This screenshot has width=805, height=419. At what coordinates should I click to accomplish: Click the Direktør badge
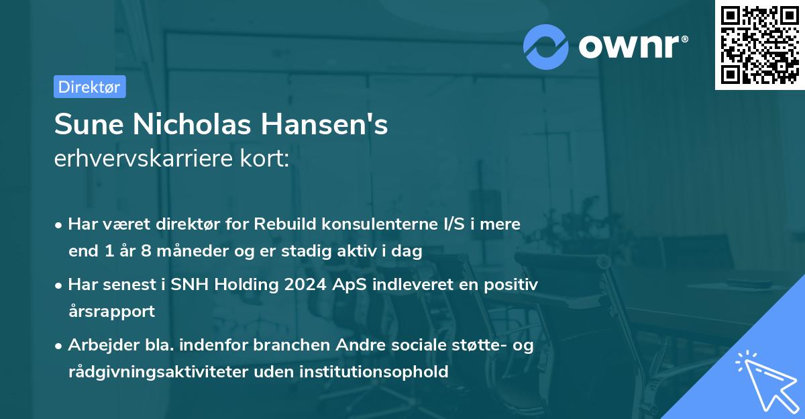click(x=89, y=87)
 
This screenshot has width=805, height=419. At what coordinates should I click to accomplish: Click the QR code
click(x=759, y=45)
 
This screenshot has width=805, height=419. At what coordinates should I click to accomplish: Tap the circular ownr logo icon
click(x=546, y=46)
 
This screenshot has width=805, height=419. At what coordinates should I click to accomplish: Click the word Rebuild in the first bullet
click(x=280, y=224)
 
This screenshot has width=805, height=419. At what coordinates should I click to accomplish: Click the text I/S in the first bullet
click(x=437, y=224)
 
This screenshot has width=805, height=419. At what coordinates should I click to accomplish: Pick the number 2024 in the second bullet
click(x=304, y=285)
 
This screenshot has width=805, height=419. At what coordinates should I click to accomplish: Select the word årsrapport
click(x=111, y=312)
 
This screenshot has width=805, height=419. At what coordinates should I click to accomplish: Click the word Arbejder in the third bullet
click(x=98, y=345)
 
